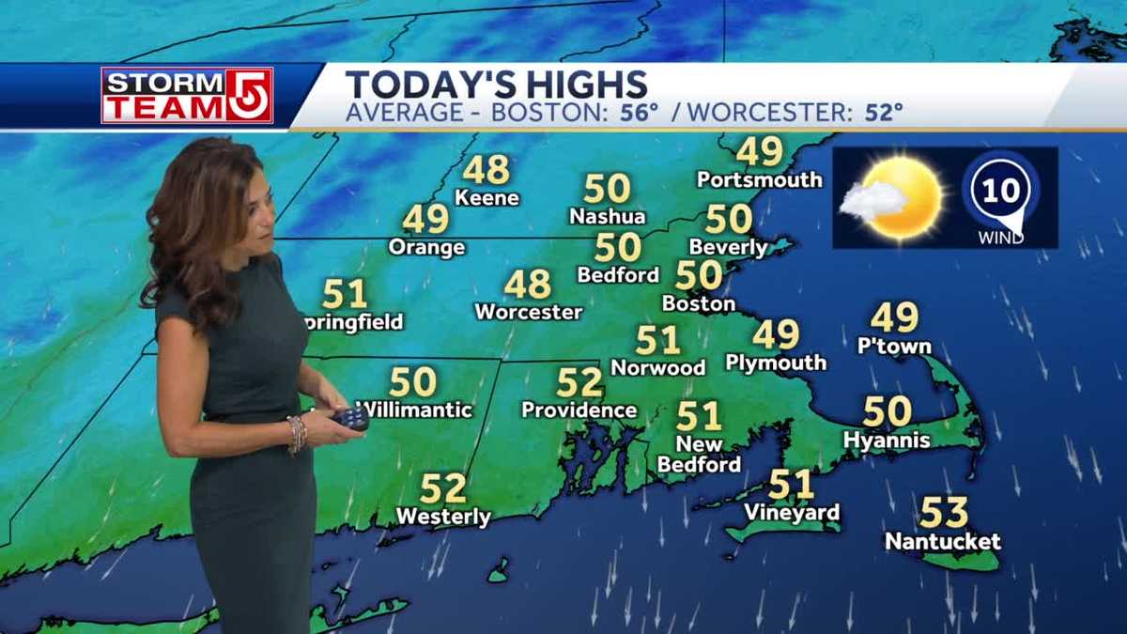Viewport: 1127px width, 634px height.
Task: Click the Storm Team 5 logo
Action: pyautogui.click(x=187, y=95)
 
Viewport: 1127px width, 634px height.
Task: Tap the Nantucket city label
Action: pyautogui.click(x=943, y=542)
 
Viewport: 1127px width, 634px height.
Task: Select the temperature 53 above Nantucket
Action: pyautogui.click(x=943, y=513)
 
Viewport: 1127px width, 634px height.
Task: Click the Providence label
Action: pyautogui.click(x=579, y=410)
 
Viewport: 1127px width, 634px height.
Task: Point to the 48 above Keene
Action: pyautogui.click(x=486, y=170)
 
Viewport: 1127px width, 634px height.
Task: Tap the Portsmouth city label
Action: pyautogui.click(x=759, y=179)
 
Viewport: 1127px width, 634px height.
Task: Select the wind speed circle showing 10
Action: pyautogui.click(x=1001, y=192)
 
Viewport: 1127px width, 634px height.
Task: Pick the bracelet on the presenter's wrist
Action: pyautogui.click(x=297, y=434)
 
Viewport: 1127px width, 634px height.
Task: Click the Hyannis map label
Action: pyautogui.click(x=887, y=441)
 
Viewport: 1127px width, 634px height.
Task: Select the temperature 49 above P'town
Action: pyautogui.click(x=894, y=317)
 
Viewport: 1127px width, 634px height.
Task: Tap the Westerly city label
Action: pyautogui.click(x=443, y=517)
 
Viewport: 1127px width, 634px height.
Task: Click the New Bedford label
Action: pyautogui.click(x=699, y=455)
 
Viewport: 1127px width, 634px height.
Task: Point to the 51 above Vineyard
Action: pyautogui.click(x=791, y=485)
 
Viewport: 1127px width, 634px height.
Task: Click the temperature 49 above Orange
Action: pyautogui.click(x=425, y=219)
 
